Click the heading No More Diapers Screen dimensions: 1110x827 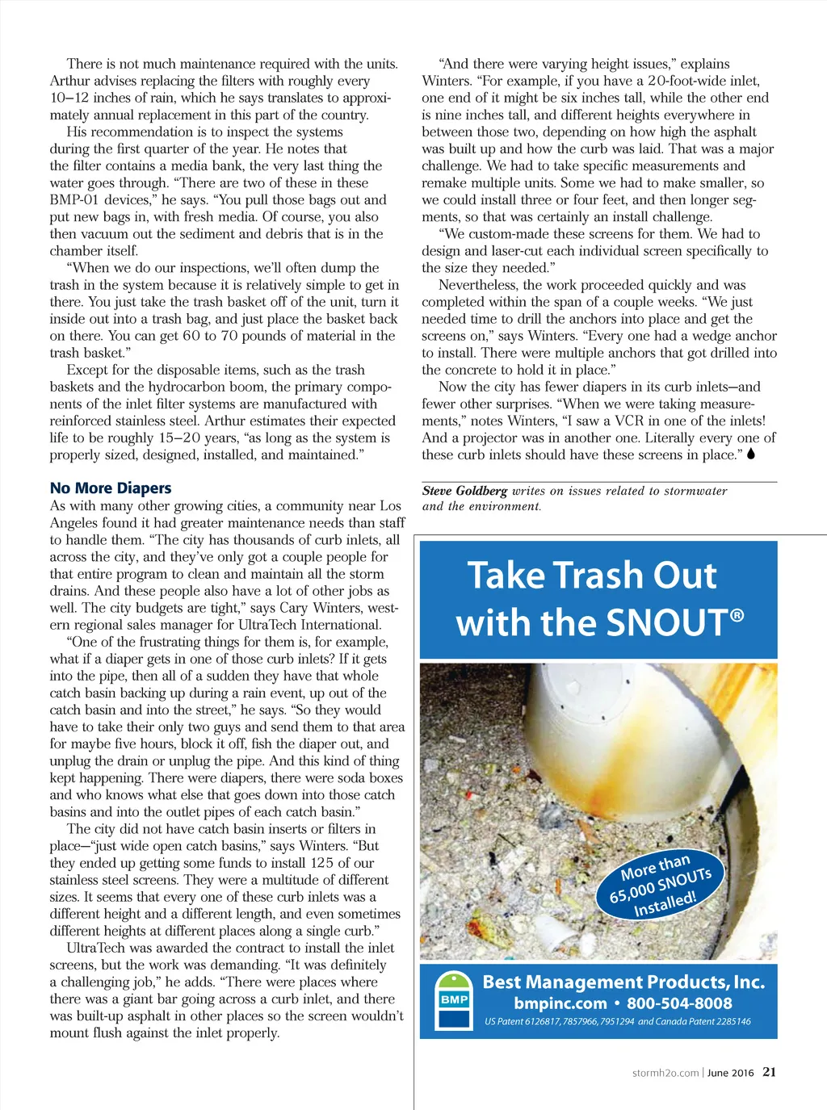(111, 488)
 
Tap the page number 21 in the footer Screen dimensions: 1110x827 (769, 1072)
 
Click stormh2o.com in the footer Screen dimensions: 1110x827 (665, 1073)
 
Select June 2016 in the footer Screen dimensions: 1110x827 (730, 1073)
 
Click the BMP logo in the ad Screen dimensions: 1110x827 (454, 1000)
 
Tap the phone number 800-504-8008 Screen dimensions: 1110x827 (679, 1003)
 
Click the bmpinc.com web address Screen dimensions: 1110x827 (560, 1003)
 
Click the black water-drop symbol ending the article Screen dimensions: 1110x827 (751, 454)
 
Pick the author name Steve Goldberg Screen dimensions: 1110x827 (464, 491)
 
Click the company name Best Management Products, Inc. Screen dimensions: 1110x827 (623, 982)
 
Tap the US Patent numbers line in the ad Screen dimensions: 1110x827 (618, 1021)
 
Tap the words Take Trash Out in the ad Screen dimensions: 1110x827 (592, 576)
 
